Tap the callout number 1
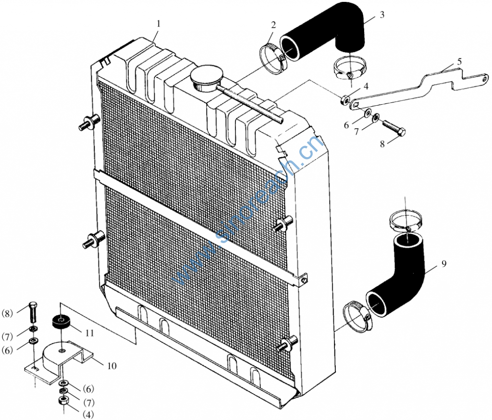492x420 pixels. point(159,24)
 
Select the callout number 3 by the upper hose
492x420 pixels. point(382,15)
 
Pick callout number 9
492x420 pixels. point(443,264)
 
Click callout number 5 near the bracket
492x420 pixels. point(459,62)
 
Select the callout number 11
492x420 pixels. point(90,333)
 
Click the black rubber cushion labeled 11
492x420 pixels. point(61,322)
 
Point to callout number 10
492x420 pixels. point(111,366)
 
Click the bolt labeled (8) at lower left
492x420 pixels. point(33,312)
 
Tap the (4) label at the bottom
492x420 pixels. point(88,414)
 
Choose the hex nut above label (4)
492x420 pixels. point(64,401)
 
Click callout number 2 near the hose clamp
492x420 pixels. point(273,25)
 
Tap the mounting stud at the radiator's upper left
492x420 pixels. point(89,123)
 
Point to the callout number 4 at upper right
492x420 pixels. point(366,86)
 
